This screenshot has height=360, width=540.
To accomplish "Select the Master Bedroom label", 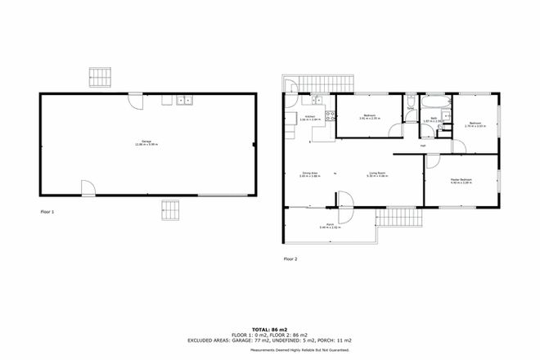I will point(461,181).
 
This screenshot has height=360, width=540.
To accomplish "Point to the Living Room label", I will point(378,174).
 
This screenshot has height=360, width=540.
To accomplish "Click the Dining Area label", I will point(310,174).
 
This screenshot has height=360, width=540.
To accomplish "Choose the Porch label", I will point(325,226).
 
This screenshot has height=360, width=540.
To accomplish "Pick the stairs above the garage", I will point(98,77).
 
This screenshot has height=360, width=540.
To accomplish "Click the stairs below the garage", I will point(169,209).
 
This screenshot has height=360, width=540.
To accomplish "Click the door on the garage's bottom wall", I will point(89,188).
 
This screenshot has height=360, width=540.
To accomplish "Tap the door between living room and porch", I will point(344,199).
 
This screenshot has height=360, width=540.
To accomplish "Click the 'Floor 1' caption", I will point(47,212).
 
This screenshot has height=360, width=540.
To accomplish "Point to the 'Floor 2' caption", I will point(290,259).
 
